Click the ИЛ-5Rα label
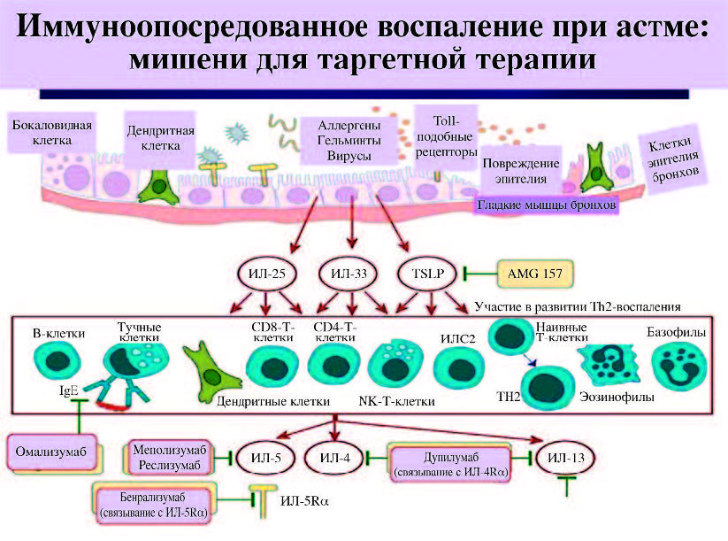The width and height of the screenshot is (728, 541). pyautogui.click(x=303, y=502)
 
